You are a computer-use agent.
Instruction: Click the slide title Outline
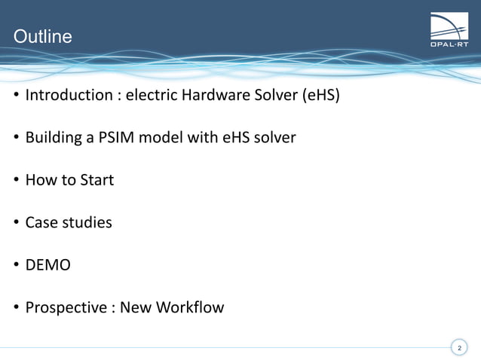pyautogui.click(x=43, y=36)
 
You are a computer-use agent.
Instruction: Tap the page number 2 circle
pyautogui.click(x=459, y=347)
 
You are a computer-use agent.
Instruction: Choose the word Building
pyautogui.click(x=54, y=138)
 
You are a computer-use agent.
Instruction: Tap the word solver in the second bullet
pyautogui.click(x=274, y=138)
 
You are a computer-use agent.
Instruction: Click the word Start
pyautogui.click(x=95, y=180)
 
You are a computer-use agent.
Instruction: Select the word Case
pyautogui.click(x=41, y=223)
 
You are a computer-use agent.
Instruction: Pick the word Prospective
pyautogui.click(x=66, y=307)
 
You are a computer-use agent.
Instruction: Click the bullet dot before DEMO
pyautogui.click(x=16, y=266)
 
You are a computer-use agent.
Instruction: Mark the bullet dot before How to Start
pyautogui.click(x=16, y=181)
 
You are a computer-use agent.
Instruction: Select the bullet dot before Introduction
pyautogui.click(x=16, y=96)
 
